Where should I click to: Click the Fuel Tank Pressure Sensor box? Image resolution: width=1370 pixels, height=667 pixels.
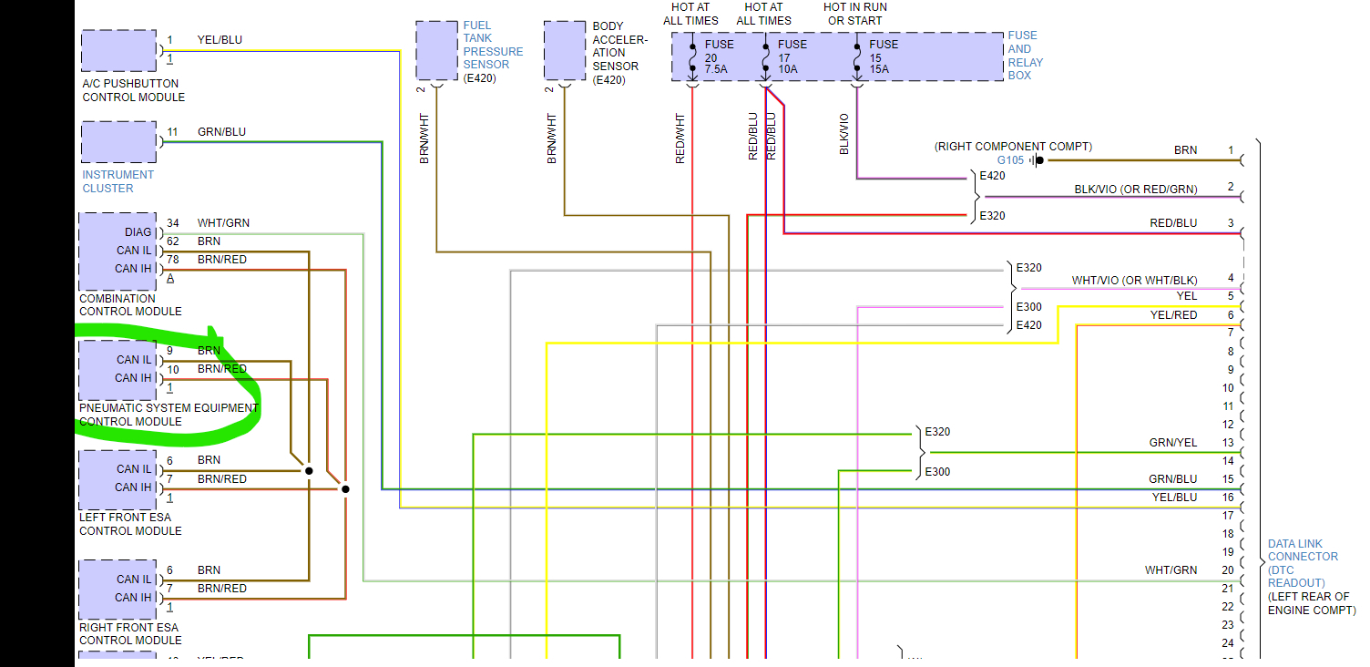click(x=437, y=51)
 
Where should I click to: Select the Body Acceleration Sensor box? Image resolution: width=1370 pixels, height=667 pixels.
click(x=565, y=51)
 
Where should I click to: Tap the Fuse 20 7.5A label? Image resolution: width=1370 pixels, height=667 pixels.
click(x=716, y=56)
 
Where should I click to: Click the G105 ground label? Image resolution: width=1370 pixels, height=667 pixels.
click(x=1011, y=160)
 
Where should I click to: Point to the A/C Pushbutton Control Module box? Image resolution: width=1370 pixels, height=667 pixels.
click(x=118, y=51)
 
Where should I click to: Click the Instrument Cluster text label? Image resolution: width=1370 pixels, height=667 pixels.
click(x=118, y=181)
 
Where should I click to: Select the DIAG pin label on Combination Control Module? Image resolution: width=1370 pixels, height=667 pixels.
click(x=138, y=232)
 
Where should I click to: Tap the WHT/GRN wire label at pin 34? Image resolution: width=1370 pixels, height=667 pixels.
click(x=223, y=223)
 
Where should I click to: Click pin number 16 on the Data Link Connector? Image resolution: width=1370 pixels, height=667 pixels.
click(x=1228, y=498)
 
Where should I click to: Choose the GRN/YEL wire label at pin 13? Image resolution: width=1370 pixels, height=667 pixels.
click(x=1173, y=443)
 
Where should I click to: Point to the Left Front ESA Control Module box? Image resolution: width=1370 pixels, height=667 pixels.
click(x=118, y=479)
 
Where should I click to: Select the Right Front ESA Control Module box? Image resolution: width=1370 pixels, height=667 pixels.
click(x=118, y=589)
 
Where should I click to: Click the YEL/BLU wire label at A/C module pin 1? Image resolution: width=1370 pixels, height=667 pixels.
click(x=220, y=40)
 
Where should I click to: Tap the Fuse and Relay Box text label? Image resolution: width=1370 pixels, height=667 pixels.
click(x=1025, y=56)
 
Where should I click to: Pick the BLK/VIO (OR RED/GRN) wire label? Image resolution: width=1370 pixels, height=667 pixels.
click(x=1136, y=190)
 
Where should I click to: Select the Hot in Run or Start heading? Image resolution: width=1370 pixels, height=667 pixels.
click(x=854, y=14)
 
